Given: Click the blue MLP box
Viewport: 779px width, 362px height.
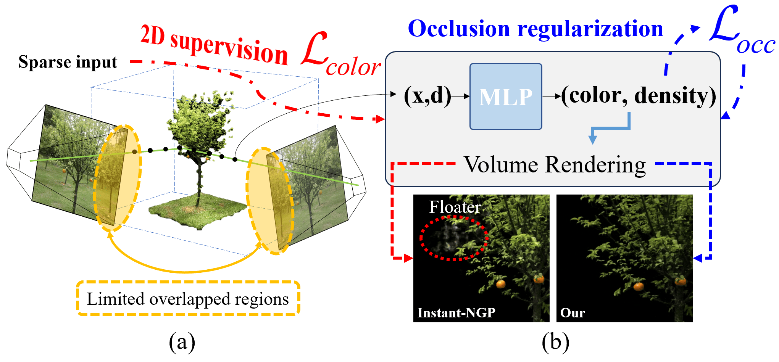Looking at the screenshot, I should [505, 97].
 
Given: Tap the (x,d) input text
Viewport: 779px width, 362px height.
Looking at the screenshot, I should [427, 95].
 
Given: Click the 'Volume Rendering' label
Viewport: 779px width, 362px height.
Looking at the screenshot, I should [555, 165].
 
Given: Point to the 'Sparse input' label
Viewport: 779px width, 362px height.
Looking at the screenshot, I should [68, 62].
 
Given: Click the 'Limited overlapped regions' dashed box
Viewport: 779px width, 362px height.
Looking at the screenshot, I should [188, 298].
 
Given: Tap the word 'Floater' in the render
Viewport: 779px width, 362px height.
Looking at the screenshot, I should [455, 207].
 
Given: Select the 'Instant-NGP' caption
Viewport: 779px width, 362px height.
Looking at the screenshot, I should [456, 313].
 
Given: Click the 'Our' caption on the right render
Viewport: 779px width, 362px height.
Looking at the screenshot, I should [573, 313].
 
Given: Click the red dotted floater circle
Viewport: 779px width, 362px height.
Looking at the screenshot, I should [453, 238].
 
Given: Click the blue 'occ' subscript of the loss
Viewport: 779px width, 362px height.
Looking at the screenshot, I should [756, 46].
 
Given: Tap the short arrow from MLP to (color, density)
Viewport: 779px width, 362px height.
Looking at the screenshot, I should [552, 97].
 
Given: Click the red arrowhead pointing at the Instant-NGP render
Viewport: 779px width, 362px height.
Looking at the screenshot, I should [408, 258].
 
